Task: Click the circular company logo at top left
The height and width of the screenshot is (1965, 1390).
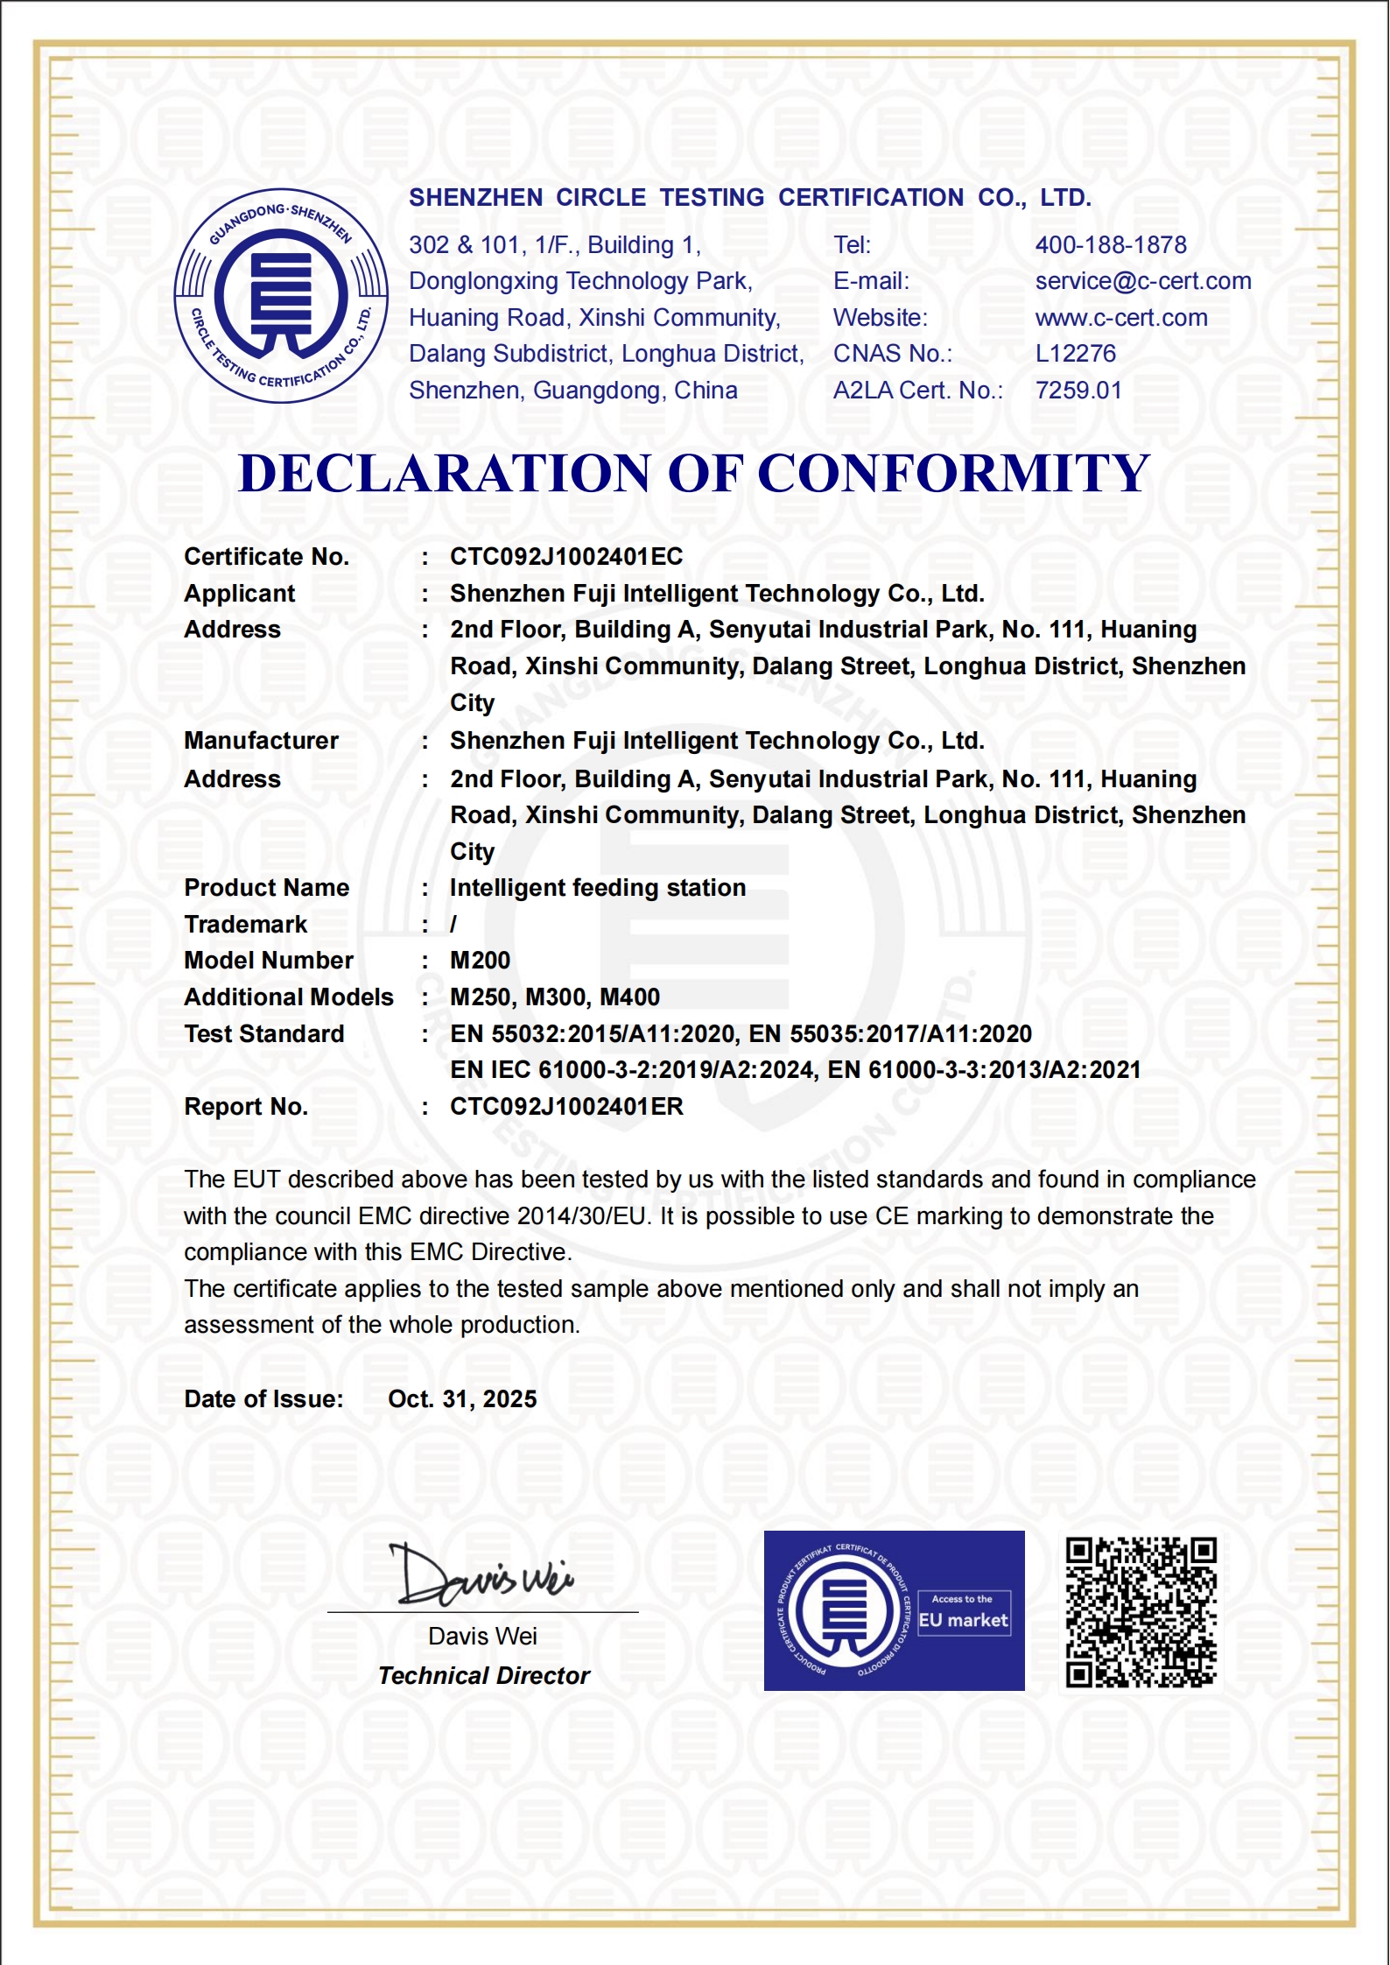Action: point(281,296)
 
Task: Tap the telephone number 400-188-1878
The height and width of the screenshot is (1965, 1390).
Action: point(1111,245)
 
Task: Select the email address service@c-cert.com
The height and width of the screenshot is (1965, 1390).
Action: point(1143,281)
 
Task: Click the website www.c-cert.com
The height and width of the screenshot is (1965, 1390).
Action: point(1121,318)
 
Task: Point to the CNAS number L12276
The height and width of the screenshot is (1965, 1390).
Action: point(1076,354)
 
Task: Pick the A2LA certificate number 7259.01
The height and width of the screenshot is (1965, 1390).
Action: point(1078,391)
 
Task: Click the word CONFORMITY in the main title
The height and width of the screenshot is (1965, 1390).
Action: point(953,474)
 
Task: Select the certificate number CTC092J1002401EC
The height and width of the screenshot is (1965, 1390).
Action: point(566,557)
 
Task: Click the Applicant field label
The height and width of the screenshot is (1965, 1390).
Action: point(240,594)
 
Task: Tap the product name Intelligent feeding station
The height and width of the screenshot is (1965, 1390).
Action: point(598,888)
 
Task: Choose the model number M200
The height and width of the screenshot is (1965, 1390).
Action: point(480,961)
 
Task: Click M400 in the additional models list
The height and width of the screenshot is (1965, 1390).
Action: point(630,997)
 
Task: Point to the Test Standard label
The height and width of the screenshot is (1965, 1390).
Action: point(264,1034)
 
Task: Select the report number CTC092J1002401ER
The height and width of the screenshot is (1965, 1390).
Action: point(566,1107)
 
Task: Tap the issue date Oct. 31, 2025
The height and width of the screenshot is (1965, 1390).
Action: point(462,1399)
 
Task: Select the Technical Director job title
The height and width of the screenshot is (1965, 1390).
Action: point(484,1676)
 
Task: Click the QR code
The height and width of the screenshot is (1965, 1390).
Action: point(1141,1611)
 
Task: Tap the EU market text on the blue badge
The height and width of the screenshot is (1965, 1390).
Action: point(963,1620)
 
